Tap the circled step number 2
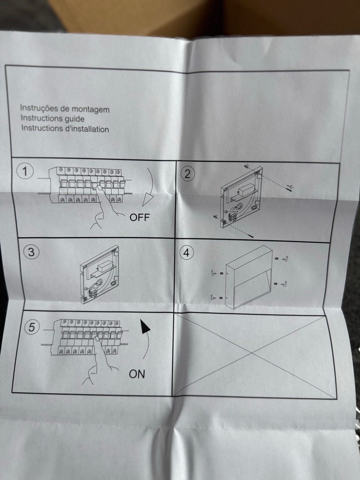187,174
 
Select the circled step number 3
31,252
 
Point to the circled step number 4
186,253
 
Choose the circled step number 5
32,327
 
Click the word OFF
139,217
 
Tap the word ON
137,374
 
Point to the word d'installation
87,129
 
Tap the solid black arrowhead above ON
145,327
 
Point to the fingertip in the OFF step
99,188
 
